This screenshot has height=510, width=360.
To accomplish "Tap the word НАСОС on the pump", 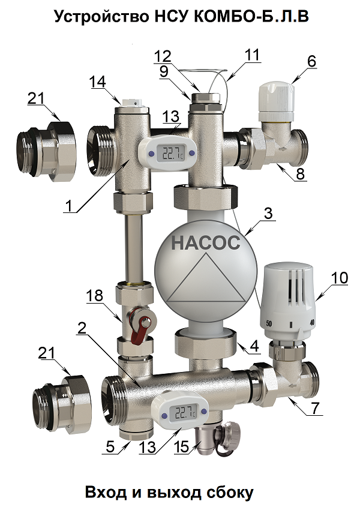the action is (206, 242).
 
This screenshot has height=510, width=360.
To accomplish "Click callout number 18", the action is (94, 296).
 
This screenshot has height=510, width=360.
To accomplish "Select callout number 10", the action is (340, 277).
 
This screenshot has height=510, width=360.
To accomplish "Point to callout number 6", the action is (311, 61).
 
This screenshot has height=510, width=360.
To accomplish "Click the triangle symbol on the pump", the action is (206, 278).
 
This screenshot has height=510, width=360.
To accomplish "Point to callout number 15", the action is (181, 447).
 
